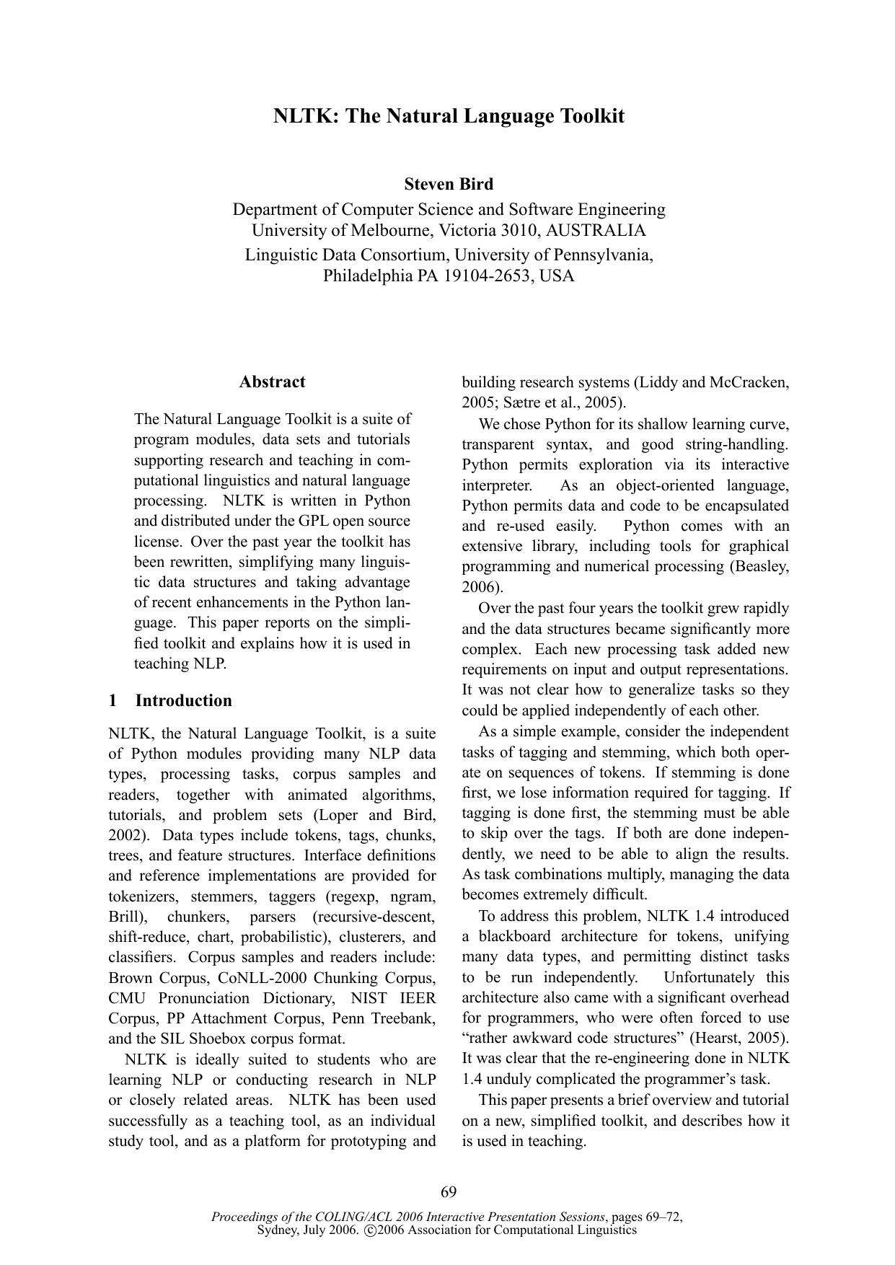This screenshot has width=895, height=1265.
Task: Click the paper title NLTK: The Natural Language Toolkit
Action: tap(448, 116)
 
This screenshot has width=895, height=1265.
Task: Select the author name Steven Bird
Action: tap(448, 184)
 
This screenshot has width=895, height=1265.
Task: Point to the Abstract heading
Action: tap(272, 382)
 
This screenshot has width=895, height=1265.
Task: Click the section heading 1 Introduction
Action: tap(170, 701)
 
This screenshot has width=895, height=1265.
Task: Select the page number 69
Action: tap(448, 1191)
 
